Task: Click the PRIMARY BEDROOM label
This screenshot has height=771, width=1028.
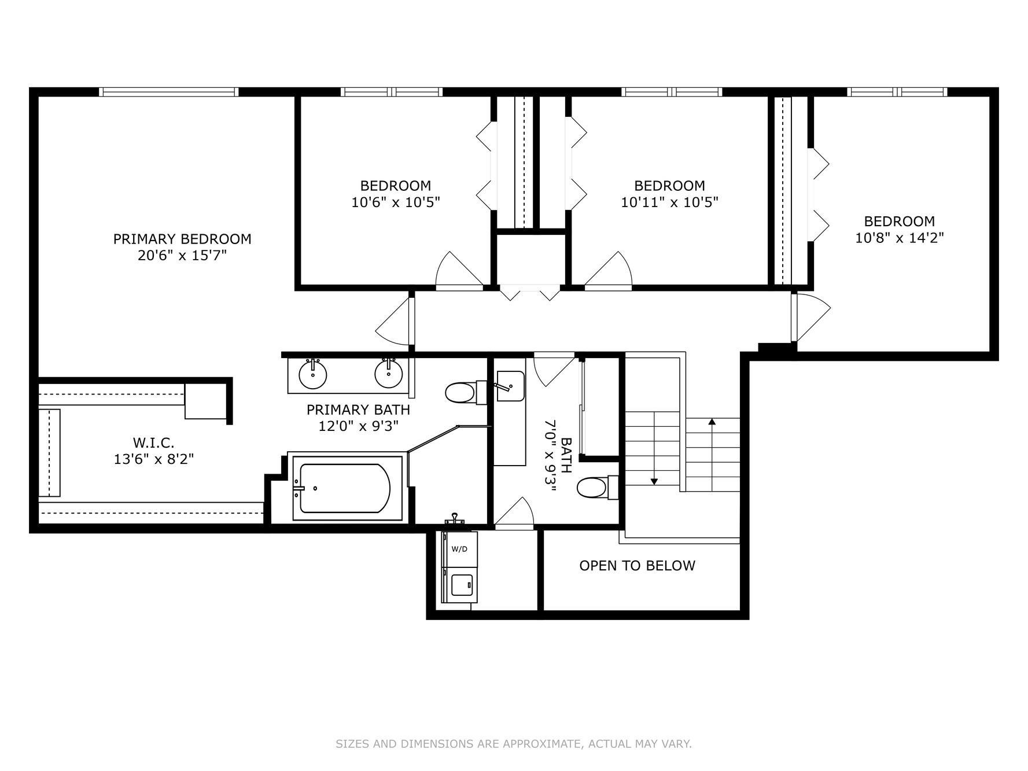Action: pyautogui.click(x=182, y=239)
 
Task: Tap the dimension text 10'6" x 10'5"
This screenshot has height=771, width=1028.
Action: pyautogui.click(x=395, y=202)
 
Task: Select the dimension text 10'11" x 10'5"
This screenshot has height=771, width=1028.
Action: pyautogui.click(x=669, y=202)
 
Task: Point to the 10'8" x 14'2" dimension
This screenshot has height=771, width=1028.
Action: pyautogui.click(x=899, y=238)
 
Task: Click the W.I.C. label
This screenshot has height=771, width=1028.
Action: pyautogui.click(x=153, y=442)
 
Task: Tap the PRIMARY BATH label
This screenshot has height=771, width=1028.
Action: pyautogui.click(x=358, y=410)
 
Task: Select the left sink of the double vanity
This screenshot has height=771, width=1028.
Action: pyautogui.click(x=313, y=374)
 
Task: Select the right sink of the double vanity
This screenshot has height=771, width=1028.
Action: pyautogui.click(x=388, y=374)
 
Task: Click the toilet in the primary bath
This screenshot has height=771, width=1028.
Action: pyautogui.click(x=461, y=393)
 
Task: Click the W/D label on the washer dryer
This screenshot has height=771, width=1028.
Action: pyautogui.click(x=459, y=549)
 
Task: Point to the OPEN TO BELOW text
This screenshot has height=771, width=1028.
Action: pyautogui.click(x=637, y=566)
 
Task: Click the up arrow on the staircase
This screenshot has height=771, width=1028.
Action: pyautogui.click(x=712, y=423)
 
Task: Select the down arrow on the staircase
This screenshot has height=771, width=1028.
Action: pyautogui.click(x=654, y=479)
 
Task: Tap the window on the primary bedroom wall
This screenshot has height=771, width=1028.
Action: pyautogui.click(x=168, y=91)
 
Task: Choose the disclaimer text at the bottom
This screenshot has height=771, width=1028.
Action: pyautogui.click(x=513, y=743)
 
